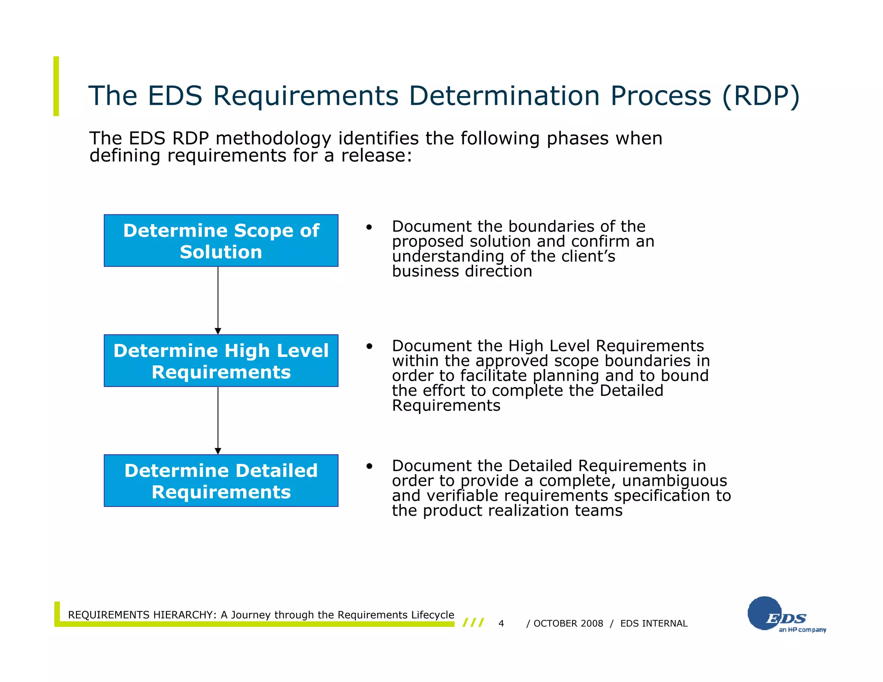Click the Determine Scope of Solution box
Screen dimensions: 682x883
(221, 241)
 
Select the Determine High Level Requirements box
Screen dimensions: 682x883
(221, 361)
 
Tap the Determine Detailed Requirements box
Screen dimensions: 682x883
(221, 481)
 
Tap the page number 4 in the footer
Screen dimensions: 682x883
(501, 623)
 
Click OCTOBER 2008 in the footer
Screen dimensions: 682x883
(568, 623)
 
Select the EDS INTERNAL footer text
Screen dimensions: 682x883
(654, 623)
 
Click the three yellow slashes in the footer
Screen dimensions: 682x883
(473, 623)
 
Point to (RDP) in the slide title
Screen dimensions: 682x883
(761, 96)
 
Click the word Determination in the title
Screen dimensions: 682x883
(504, 96)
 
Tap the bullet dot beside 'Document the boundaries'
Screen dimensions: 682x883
(369, 227)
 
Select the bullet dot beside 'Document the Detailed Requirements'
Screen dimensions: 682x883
(369, 466)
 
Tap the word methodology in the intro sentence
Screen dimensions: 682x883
(273, 139)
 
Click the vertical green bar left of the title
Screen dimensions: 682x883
(56, 86)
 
